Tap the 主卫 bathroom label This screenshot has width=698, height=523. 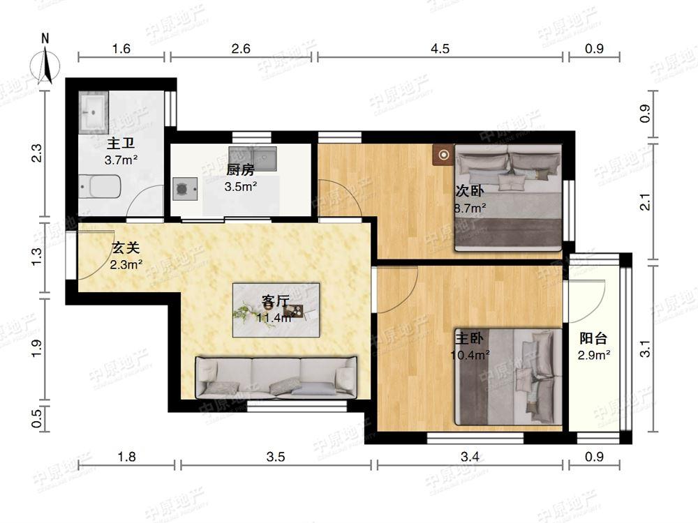tap(121, 144)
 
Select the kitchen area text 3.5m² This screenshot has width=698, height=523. tap(240, 186)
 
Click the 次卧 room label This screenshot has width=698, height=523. tap(469, 191)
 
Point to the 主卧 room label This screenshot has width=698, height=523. tap(469, 339)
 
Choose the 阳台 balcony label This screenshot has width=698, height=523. tap(593, 339)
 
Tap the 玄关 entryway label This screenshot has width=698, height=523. tap(126, 248)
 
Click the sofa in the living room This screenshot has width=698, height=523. tap(276, 377)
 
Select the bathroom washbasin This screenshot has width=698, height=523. tap(94, 112)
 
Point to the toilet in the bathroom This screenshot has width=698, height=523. tap(100, 186)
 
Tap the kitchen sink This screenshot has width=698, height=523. tap(253, 159)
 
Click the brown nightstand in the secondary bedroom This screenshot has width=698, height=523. tap(443, 155)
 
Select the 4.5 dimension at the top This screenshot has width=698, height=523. tap(440, 48)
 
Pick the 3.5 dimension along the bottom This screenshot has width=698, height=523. tap(276, 457)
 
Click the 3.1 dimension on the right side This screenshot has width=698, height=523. tap(645, 349)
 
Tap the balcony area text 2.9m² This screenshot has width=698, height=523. tap(594, 355)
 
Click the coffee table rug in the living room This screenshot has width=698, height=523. tap(276, 310)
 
